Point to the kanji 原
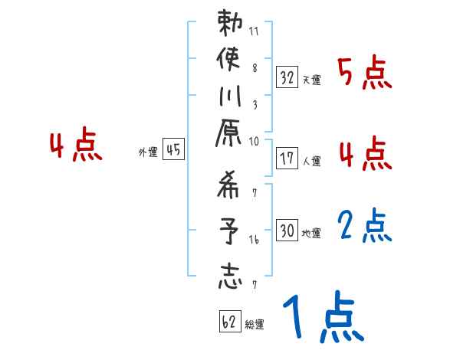pyautogui.click(x=230, y=142)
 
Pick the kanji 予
pyautogui.click(x=230, y=231)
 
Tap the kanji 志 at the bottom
pyautogui.click(x=230, y=275)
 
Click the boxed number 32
pyautogui.click(x=287, y=77)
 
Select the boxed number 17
pyautogui.click(x=287, y=159)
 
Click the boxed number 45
pyautogui.click(x=173, y=150)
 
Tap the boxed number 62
pyautogui.click(x=229, y=322)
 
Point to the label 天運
pyautogui.click(x=311, y=80)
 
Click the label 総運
pyautogui.click(x=254, y=325)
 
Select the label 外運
pyautogui.click(x=148, y=152)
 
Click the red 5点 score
pyautogui.click(x=364, y=74)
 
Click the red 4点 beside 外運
pyautogui.click(x=76, y=146)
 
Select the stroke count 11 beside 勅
pyautogui.click(x=254, y=32)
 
